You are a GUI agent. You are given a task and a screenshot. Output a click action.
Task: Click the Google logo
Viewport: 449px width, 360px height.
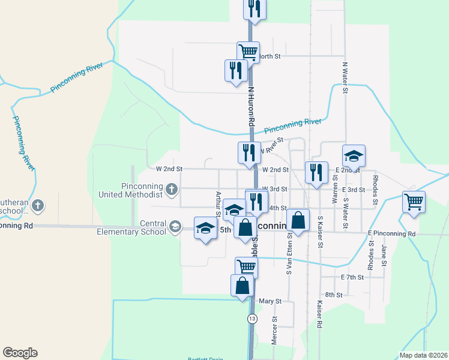coord(20,353)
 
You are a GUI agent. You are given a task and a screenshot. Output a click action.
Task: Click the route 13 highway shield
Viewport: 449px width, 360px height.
coord(252,319)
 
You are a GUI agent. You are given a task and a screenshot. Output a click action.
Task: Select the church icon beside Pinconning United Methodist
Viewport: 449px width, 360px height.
coord(171,190)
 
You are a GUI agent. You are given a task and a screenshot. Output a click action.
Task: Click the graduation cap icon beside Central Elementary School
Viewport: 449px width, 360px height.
coord(175,226)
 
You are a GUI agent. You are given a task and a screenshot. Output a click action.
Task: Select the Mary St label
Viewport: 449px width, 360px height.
coord(266,301)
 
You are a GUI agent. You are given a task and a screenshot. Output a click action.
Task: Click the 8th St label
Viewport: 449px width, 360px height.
coord(334,295)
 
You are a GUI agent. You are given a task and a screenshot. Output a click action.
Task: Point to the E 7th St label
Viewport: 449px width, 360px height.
coord(352,277)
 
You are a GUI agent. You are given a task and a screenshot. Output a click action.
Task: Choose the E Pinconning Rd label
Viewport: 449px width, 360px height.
coord(391,233)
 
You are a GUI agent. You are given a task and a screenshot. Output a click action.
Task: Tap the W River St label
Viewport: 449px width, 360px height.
coord(271,148)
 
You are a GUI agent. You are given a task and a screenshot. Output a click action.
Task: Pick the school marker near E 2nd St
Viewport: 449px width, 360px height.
coord(354,156)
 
